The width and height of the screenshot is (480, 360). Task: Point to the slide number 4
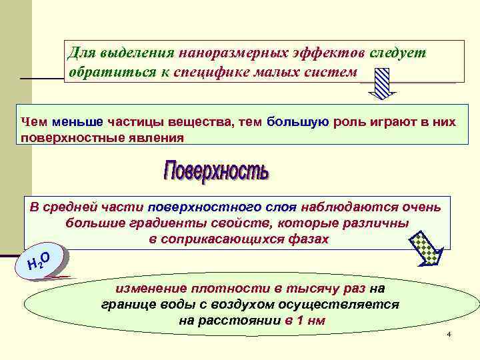[x=449, y=333]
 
